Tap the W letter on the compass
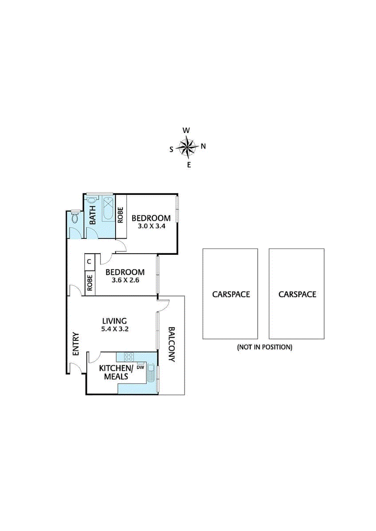tap(186, 130)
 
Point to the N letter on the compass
tap(203, 146)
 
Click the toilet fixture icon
tap(75, 218)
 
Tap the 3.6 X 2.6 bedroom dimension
tap(125, 280)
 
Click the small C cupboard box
tap(89, 261)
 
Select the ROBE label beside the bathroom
tap(120, 215)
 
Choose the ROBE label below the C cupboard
tap(90, 283)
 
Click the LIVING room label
tap(115, 321)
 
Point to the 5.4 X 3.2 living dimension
tap(115, 329)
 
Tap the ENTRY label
tap(76, 344)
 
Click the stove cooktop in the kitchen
tap(129, 357)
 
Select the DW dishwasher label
tap(141, 367)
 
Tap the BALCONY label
tap(171, 344)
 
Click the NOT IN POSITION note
tap(264, 347)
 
